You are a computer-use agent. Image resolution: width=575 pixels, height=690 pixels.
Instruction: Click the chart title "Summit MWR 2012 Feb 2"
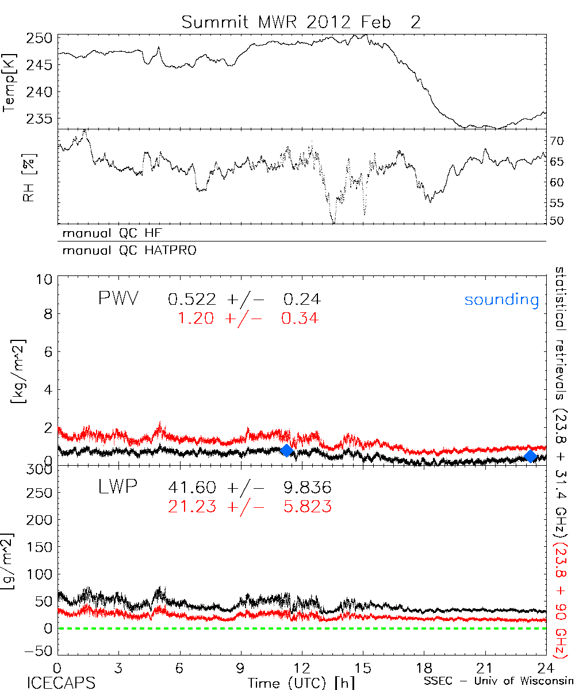pos(301,22)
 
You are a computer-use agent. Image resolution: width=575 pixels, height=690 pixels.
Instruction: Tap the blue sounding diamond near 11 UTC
pos(286,450)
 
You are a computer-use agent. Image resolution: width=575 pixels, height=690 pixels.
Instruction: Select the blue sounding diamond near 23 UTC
pos(531,456)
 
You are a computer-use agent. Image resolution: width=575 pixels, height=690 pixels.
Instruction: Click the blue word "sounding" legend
pos(501,300)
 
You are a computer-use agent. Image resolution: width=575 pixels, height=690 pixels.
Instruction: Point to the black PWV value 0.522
pos(193,299)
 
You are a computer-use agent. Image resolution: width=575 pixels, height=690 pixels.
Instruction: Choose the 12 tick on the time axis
pos(301,667)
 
